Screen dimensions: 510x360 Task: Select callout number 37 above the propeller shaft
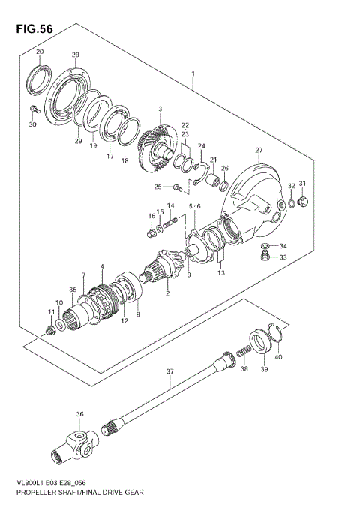coord(169,370)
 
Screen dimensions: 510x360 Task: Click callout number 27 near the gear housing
coord(259,150)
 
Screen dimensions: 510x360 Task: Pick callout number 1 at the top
coord(193,74)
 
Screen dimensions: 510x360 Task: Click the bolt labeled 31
coord(304,201)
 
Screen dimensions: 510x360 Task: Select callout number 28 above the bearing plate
coord(75,55)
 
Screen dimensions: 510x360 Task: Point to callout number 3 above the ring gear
coord(160,109)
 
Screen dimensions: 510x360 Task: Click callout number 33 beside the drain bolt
coord(283,257)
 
